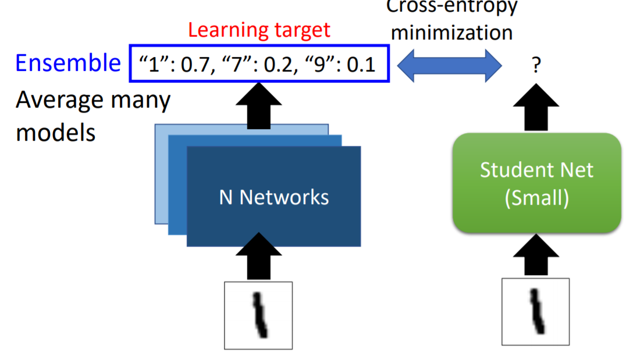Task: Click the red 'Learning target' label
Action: point(259,30)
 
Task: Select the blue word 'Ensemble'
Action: point(68,63)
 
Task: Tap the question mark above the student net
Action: point(536,66)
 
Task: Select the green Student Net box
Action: point(536,183)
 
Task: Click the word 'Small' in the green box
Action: point(536,198)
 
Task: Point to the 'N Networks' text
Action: point(273,197)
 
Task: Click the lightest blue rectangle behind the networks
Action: point(161,174)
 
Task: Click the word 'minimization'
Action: point(451,32)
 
